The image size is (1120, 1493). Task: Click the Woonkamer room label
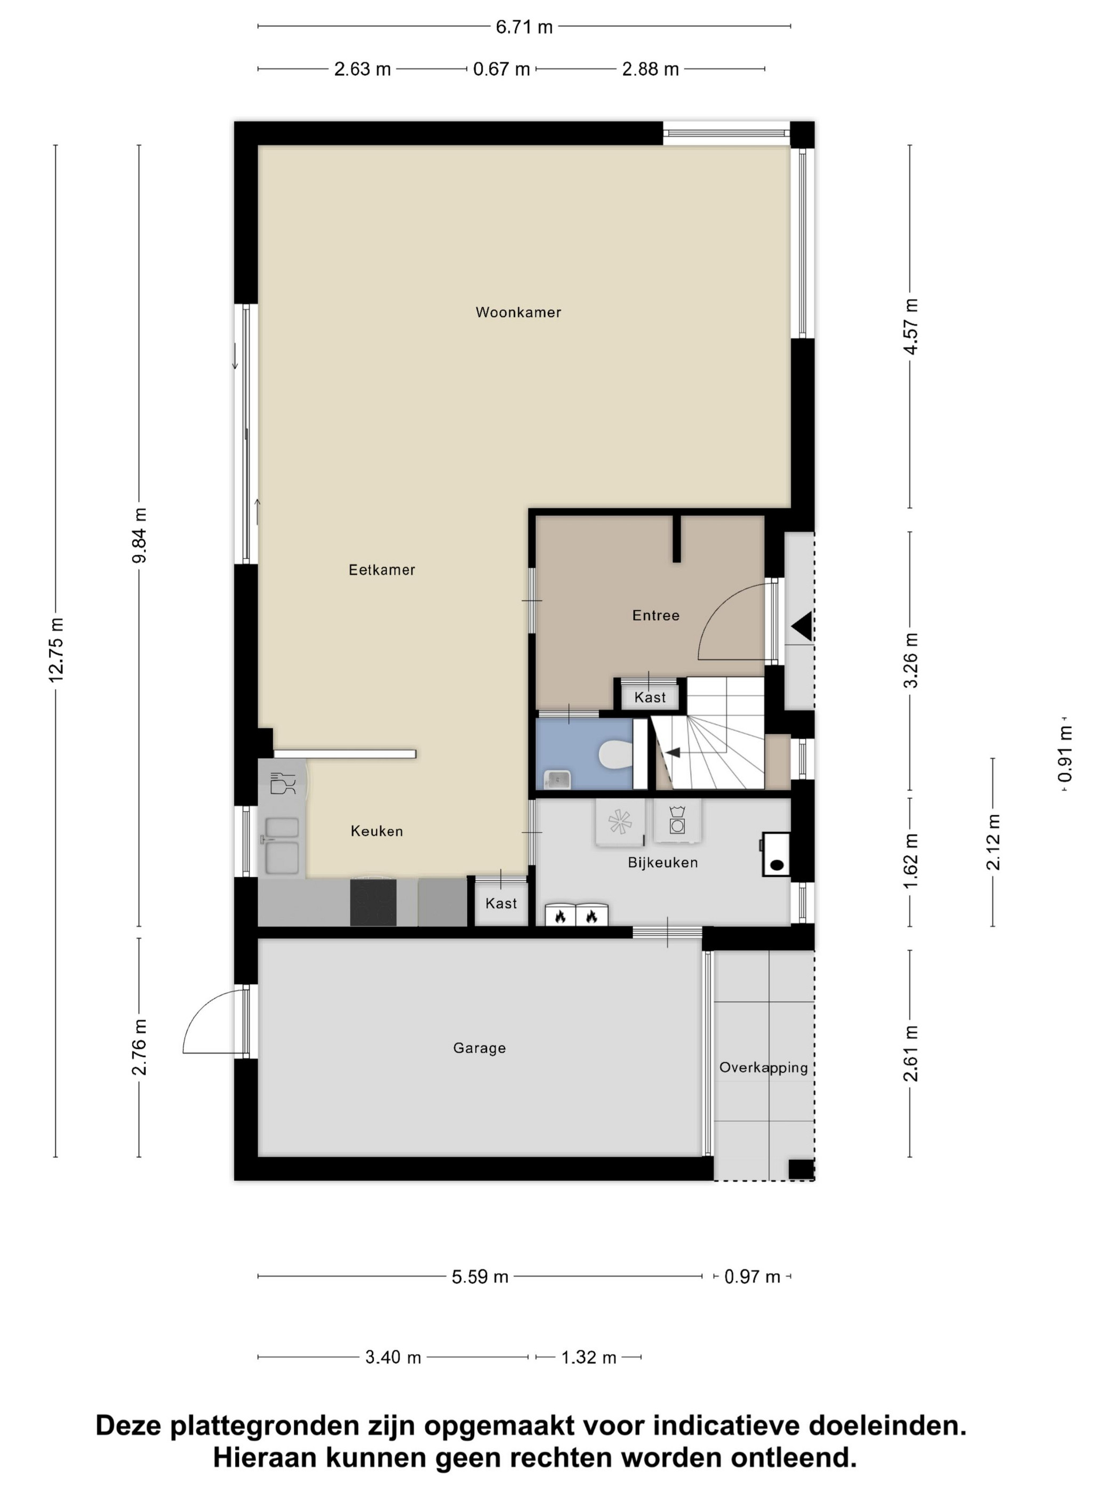pos(518,312)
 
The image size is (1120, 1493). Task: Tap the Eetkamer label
pos(381,569)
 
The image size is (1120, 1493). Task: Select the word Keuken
pos(377,831)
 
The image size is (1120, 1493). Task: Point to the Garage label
pos(479,1048)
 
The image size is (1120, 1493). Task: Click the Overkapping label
pos(763,1067)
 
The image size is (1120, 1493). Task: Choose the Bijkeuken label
pos(662,862)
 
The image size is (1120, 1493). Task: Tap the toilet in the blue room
pos(615,754)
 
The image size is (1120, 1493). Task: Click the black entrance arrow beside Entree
pos(802,625)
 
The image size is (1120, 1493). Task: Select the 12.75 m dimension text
pos(56,650)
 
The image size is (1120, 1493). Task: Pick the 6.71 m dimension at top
pos(524,27)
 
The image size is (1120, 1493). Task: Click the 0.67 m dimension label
pos(501,69)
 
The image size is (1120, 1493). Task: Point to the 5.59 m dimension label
pos(479,1277)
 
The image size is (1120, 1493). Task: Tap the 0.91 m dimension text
pos(1065,753)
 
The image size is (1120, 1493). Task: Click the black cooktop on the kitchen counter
pos(373,901)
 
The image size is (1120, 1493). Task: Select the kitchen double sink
pos(282,845)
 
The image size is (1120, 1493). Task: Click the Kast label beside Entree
pos(650,697)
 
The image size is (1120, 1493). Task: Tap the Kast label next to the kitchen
pos(501,903)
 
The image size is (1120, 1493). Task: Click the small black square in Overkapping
pos(801,1169)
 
